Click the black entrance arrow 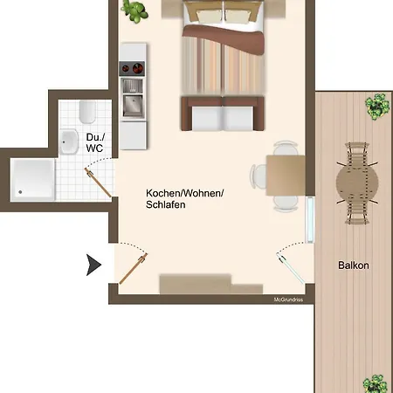(x=93, y=265)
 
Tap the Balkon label (x=354, y=265)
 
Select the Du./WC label (x=95, y=142)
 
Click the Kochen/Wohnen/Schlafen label (x=184, y=199)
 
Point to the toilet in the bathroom (x=87, y=112)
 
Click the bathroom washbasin (x=69, y=141)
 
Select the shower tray (x=32, y=180)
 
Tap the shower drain (x=20, y=192)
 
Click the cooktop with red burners (x=132, y=69)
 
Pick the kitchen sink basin (x=133, y=106)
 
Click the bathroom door (x=98, y=183)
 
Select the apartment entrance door (x=134, y=268)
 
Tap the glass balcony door (x=291, y=268)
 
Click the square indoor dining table (x=286, y=176)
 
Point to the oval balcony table (x=357, y=183)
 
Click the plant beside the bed (x=134, y=11)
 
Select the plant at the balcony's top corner (x=377, y=107)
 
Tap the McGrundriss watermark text (x=288, y=300)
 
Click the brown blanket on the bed (x=224, y=38)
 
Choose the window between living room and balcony (x=310, y=220)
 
